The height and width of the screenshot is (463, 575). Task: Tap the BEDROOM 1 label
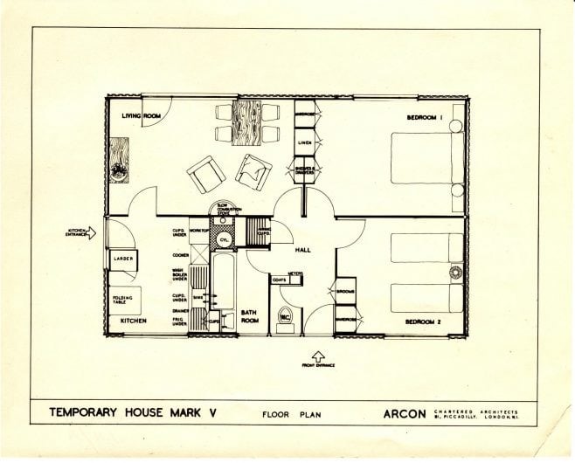click(426, 117)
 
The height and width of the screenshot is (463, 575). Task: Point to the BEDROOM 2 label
click(426, 321)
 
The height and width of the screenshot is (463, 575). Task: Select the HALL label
click(304, 250)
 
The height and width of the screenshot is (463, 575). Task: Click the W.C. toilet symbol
click(285, 316)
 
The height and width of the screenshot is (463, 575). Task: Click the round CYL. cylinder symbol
click(223, 239)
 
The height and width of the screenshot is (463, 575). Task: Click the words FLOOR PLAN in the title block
click(288, 415)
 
